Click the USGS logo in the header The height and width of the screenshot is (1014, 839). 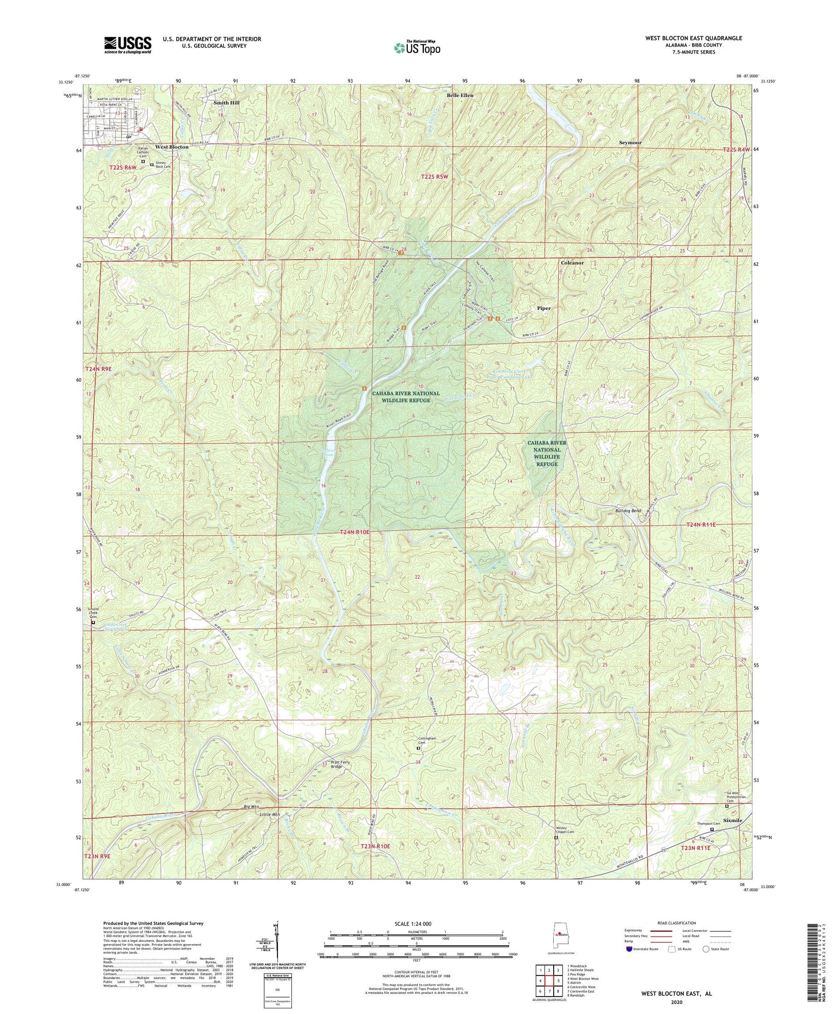[128, 45]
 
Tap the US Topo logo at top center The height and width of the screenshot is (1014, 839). [417, 48]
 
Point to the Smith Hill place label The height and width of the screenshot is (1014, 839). [226, 103]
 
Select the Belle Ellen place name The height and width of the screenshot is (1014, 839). [460, 96]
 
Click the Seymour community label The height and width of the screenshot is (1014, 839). [630, 143]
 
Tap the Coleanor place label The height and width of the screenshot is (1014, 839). [572, 262]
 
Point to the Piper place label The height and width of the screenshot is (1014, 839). [544, 308]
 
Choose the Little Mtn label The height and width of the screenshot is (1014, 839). [269, 814]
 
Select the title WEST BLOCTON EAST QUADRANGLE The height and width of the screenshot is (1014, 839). [694, 38]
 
